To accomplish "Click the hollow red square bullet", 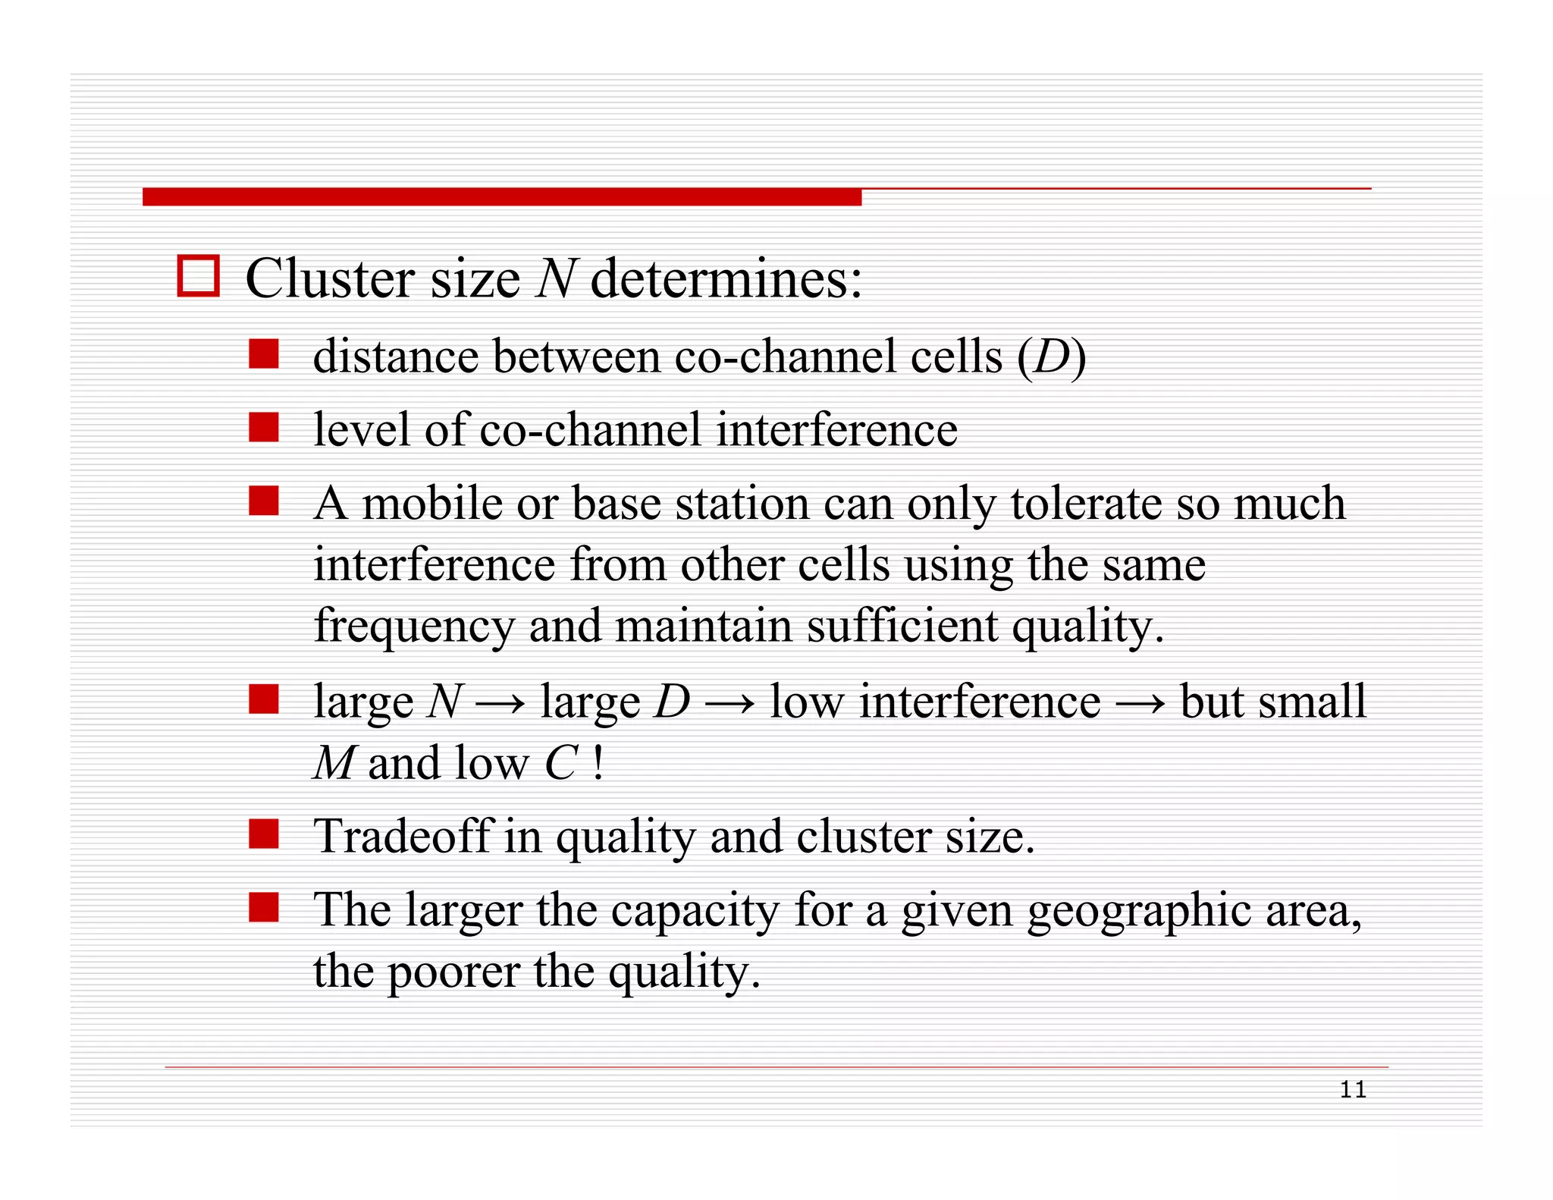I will coord(198,275).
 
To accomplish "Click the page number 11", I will coord(1353,1090).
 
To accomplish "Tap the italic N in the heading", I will coord(556,278).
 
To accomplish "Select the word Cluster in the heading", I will coord(330,278).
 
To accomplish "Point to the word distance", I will coord(395,357).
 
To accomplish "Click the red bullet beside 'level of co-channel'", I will coord(264,427).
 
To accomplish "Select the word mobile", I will coord(432,503).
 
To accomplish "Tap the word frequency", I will coord(413,627).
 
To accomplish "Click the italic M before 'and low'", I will coord(333,763).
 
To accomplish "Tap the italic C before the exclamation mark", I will coord(560,763).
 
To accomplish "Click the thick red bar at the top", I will coord(501,197).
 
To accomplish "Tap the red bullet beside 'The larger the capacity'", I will coord(264,907).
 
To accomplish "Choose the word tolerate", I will coord(1085,503).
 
